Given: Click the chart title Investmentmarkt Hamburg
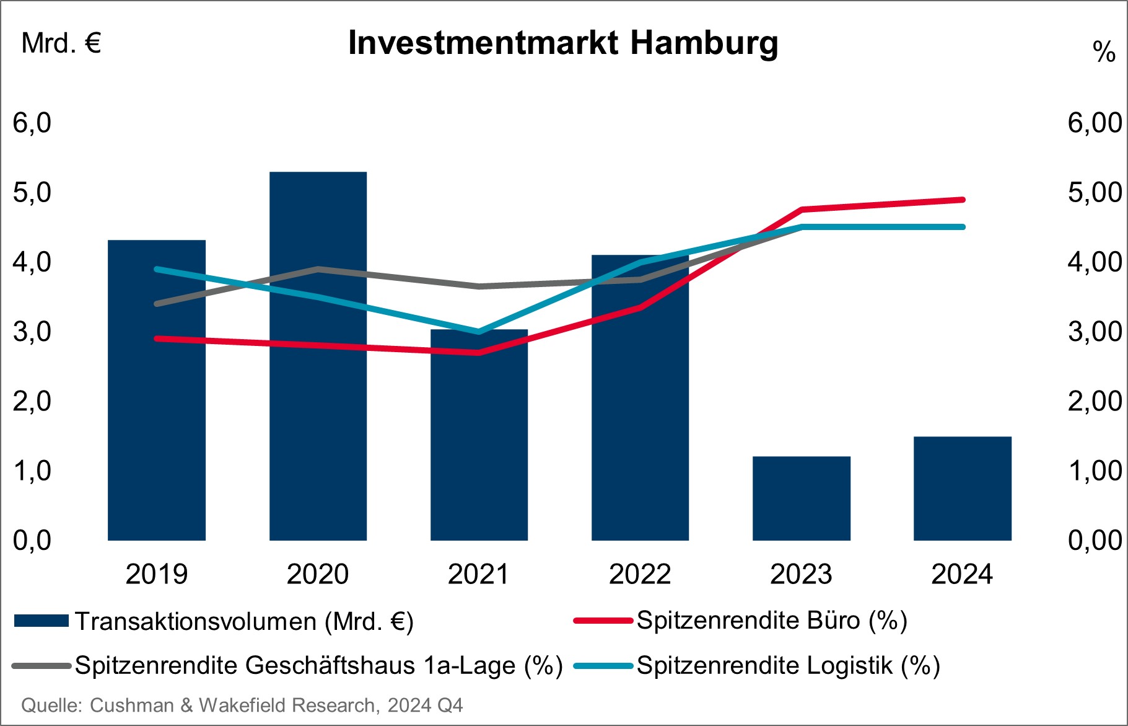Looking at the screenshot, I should (562, 43).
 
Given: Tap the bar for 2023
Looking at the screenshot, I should (801, 498).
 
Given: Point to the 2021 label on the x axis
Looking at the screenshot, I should (478, 574).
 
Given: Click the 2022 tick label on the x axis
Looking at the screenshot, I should (640, 574).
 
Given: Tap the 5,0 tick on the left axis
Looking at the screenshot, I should (32, 193).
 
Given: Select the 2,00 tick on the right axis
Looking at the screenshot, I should (1095, 401).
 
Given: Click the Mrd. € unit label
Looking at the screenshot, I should (61, 43).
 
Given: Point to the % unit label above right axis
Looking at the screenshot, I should (1104, 52).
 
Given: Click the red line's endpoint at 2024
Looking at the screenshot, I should (962, 200).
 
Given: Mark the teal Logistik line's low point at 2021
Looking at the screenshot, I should (478, 332).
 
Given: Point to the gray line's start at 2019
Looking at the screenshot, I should (157, 304).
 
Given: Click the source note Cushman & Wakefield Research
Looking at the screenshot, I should (242, 706).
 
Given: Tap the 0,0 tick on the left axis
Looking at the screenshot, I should (32, 541).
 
